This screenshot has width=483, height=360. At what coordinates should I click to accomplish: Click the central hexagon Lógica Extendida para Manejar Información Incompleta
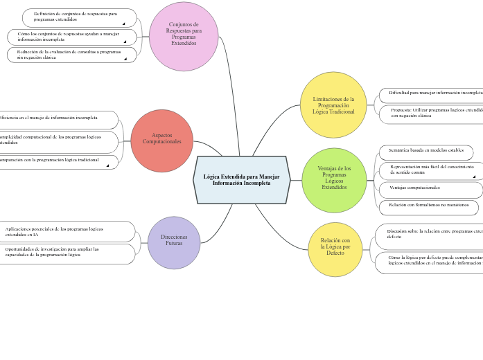[241, 180]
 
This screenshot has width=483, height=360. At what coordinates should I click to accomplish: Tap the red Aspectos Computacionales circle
[161, 141]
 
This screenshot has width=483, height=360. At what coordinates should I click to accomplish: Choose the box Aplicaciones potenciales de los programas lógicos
[66, 231]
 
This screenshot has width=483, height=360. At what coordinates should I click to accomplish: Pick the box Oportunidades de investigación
[66, 253]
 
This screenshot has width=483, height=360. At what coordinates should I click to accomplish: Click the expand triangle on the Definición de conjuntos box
[123, 24]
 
